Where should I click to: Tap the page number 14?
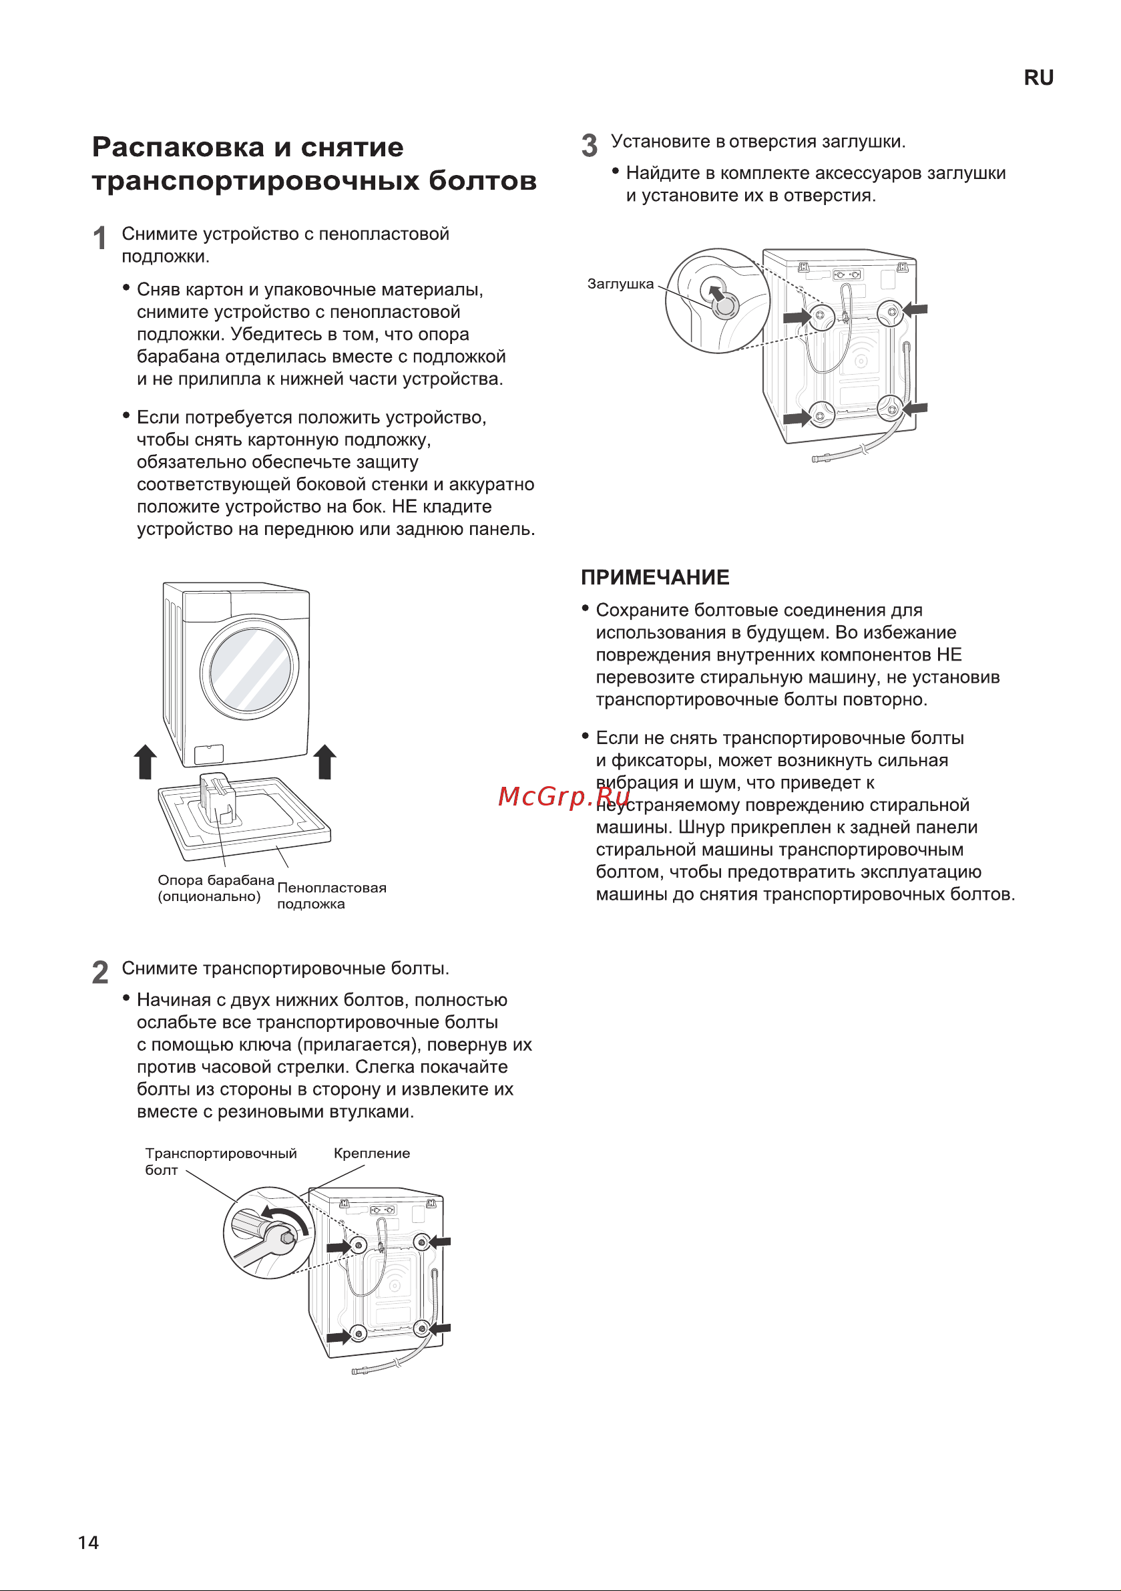pos(88,1542)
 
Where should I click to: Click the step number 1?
pos(99,238)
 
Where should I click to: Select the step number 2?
pos(99,973)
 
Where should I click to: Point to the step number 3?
pos(589,146)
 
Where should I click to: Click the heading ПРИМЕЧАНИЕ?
pos(655,577)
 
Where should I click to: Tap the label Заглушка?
pos(620,284)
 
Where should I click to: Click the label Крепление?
pos(371,1153)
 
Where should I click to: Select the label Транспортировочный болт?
pos(220,1161)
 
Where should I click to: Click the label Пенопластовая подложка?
pos(331,895)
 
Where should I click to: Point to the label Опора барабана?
pos(216,880)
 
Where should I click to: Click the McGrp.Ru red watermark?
pos(564,796)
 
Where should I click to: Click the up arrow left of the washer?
pos(145,761)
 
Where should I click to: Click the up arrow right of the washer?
pos(325,761)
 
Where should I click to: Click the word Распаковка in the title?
pos(178,147)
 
